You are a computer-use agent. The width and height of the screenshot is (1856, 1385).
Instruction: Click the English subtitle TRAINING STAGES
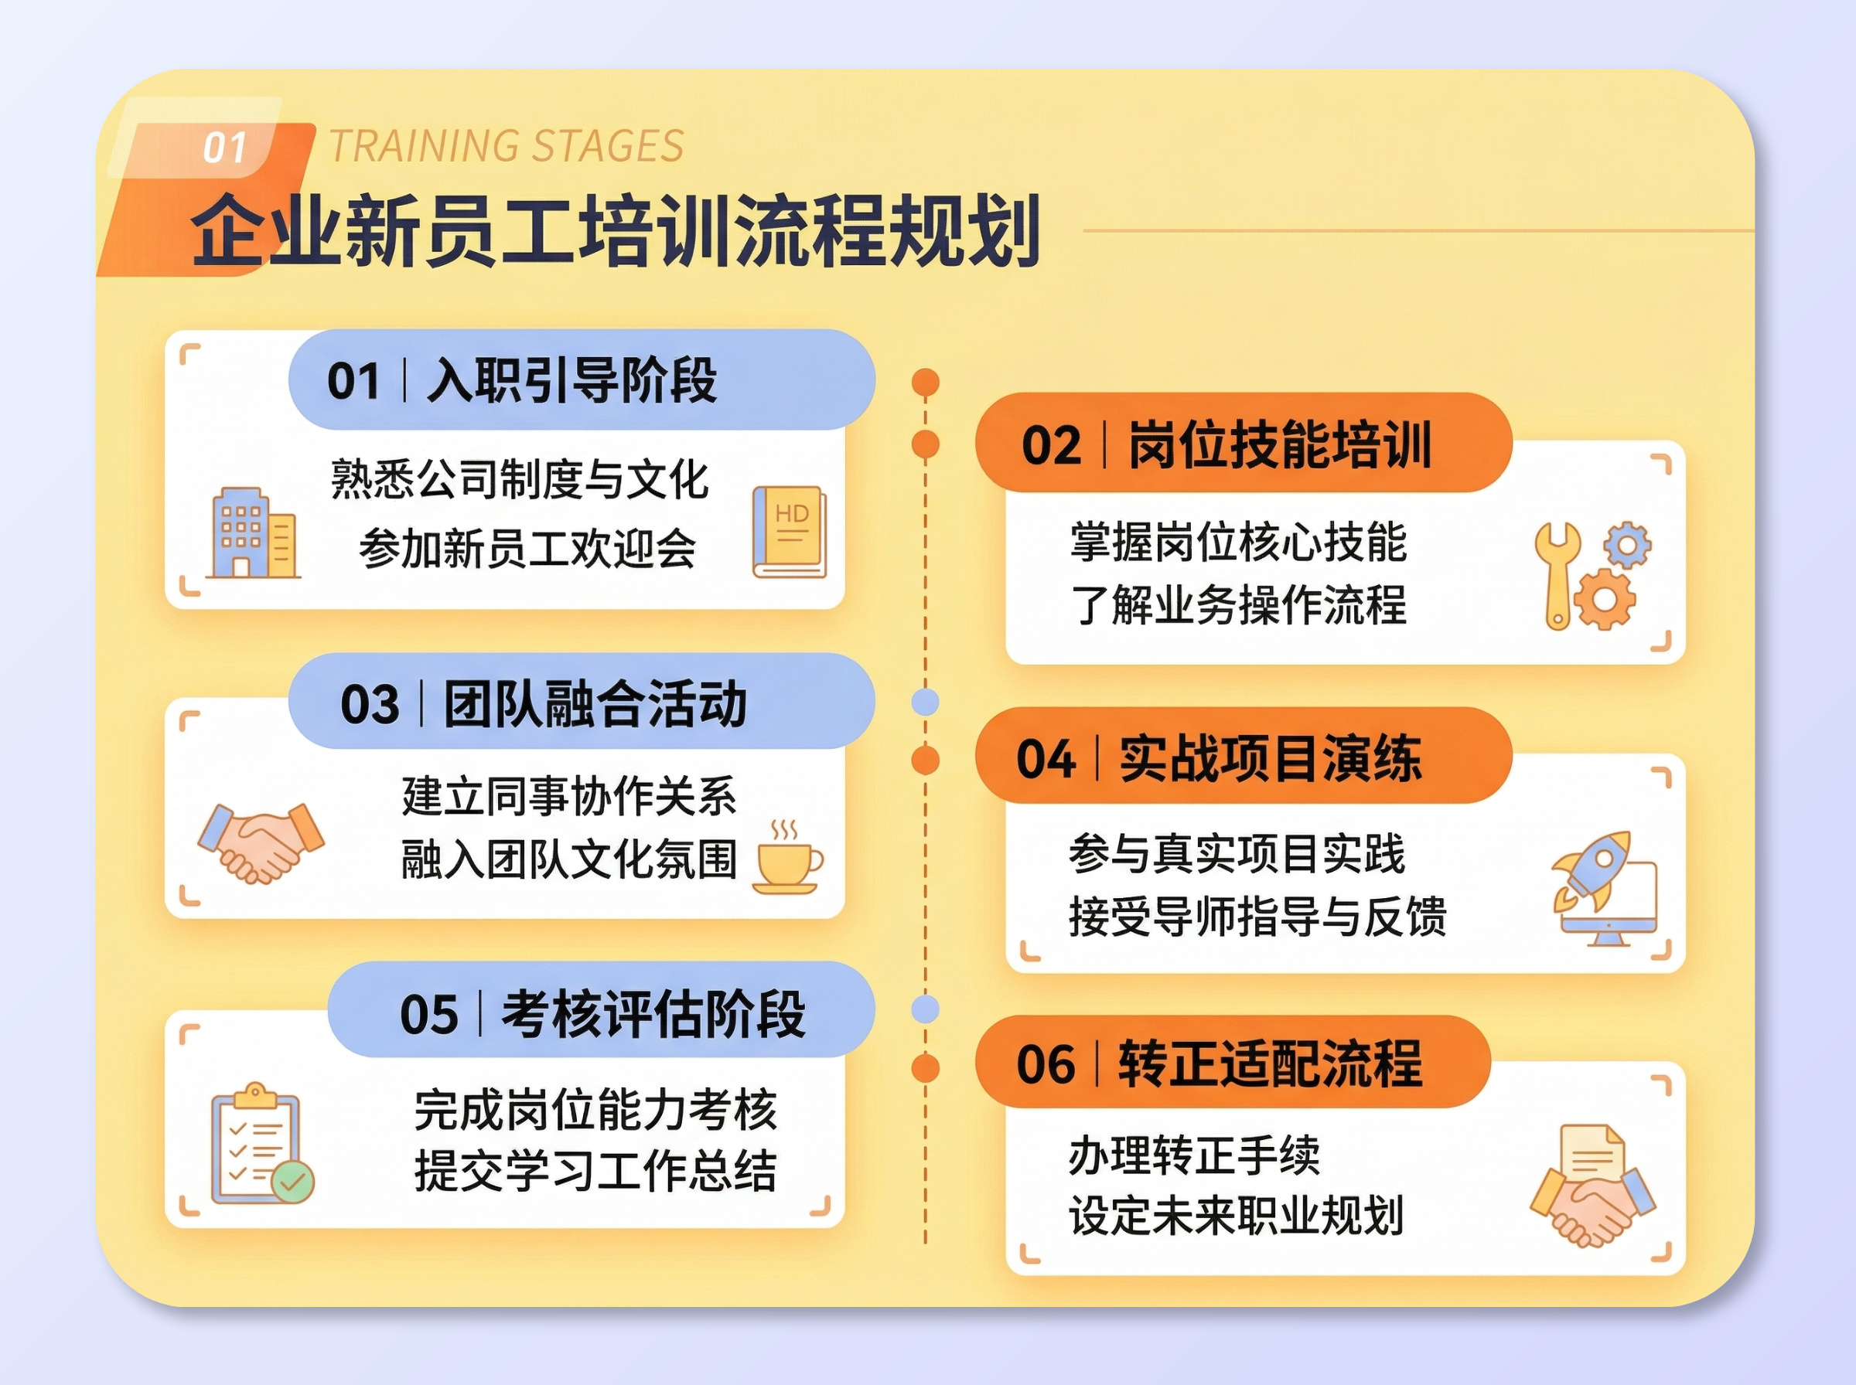[x=506, y=147]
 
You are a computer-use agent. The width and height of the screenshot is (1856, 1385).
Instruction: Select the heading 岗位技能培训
[x=1280, y=445]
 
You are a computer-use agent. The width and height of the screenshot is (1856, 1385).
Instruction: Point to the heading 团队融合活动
[x=595, y=704]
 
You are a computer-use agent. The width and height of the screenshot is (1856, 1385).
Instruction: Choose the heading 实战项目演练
[x=1271, y=759]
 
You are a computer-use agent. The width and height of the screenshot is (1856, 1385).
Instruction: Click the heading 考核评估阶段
[x=653, y=1015]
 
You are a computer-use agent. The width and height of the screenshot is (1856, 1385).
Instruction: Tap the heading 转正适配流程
[x=1270, y=1064]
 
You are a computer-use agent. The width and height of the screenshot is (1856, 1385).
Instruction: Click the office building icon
[x=251, y=533]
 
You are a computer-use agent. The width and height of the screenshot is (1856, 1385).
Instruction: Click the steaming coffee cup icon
[x=787, y=859]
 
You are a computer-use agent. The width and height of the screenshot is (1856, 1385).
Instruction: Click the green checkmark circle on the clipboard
[x=292, y=1182]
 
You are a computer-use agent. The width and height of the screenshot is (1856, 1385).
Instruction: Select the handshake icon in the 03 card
[x=260, y=842]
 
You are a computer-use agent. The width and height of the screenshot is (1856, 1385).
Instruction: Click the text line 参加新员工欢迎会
[x=527, y=550]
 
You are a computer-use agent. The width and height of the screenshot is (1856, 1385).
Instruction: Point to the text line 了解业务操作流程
[x=1238, y=604]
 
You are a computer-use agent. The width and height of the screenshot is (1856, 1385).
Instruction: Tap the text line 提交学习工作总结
[x=595, y=1171]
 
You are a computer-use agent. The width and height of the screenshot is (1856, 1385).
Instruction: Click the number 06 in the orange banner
[x=1045, y=1065]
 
